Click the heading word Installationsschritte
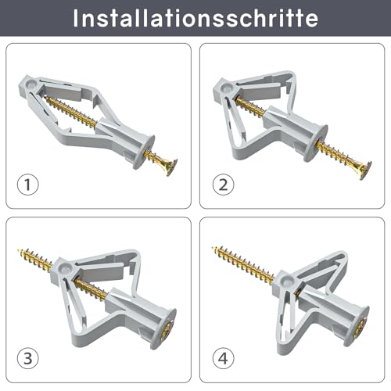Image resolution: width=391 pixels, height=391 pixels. click(195, 19)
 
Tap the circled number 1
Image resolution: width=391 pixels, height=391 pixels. click(27, 185)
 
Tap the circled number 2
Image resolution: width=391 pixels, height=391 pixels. click(223, 185)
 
